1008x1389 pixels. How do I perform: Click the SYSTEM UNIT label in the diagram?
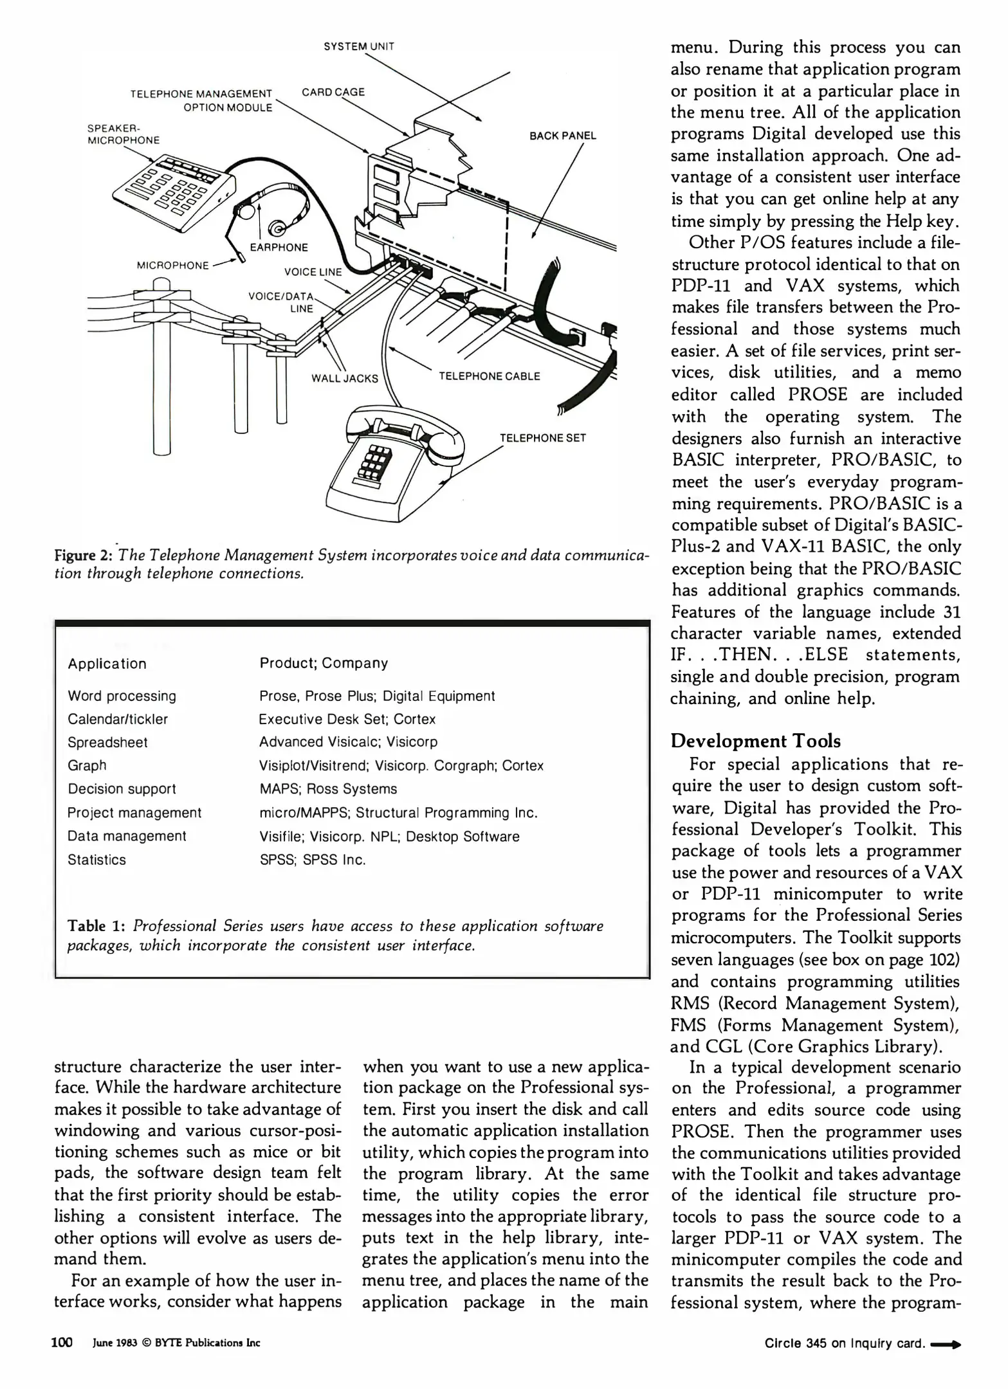pyautogui.click(x=358, y=46)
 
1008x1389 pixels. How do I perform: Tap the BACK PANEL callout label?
pyautogui.click(x=562, y=136)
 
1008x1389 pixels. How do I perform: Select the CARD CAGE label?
pyautogui.click(x=333, y=92)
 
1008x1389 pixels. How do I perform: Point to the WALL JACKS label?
pyautogui.click(x=344, y=378)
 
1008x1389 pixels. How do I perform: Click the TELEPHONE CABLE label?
pyautogui.click(x=489, y=376)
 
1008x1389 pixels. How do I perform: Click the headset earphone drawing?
pyautogui.click(x=278, y=228)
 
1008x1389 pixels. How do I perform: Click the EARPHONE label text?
pyautogui.click(x=279, y=248)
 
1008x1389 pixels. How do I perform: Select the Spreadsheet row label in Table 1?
pyautogui.click(x=107, y=743)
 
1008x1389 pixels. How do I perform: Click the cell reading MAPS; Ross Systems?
pyautogui.click(x=328, y=789)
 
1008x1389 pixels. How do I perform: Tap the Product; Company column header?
pyautogui.click(x=324, y=663)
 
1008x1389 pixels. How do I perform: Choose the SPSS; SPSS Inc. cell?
pyautogui.click(x=313, y=860)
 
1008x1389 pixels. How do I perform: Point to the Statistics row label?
pyautogui.click(x=96, y=860)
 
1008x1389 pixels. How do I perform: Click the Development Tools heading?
pyautogui.click(x=755, y=741)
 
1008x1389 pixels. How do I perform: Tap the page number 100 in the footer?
pyautogui.click(x=62, y=1343)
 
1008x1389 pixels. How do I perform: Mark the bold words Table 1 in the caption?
pyautogui.click(x=96, y=926)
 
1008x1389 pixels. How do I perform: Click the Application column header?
pyautogui.click(x=107, y=664)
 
